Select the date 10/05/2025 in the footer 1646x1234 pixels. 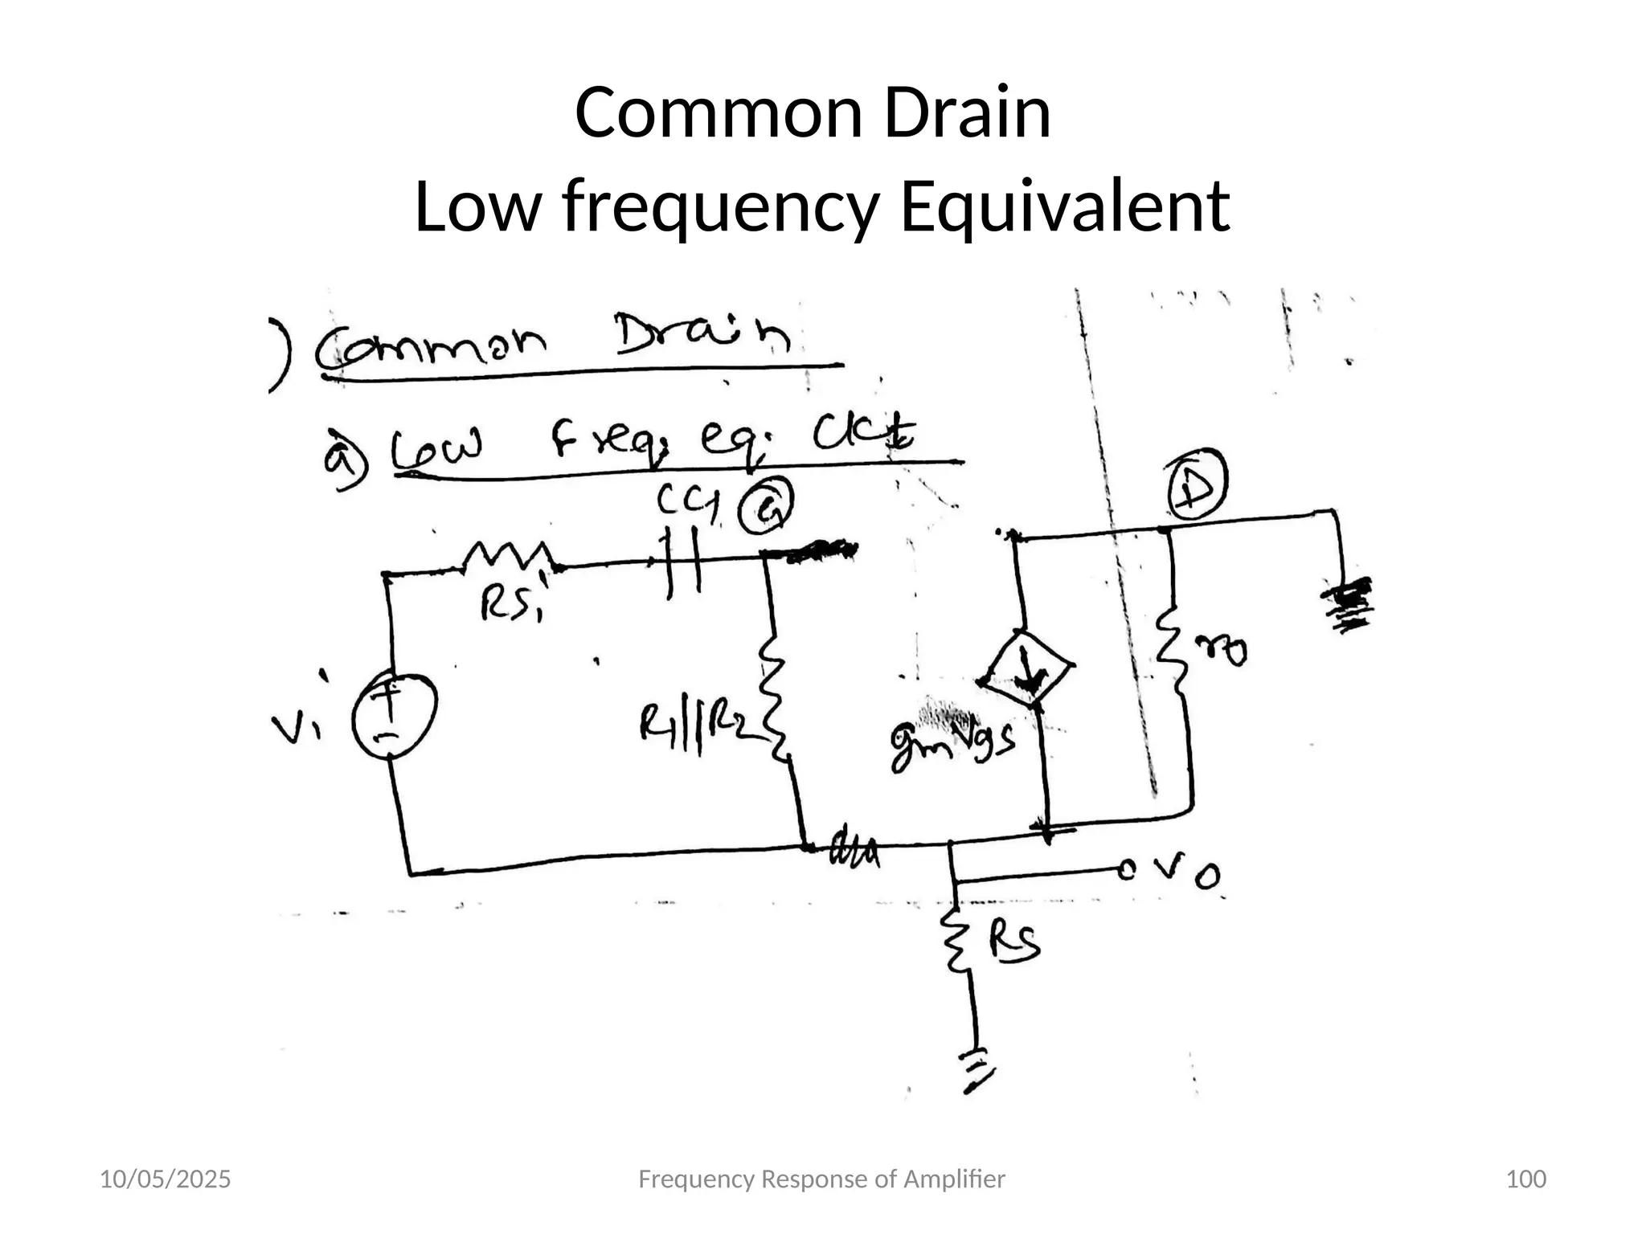pyautogui.click(x=165, y=1179)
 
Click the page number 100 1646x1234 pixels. pyautogui.click(x=1525, y=1179)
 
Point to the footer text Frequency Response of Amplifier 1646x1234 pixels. pyautogui.click(x=821, y=1179)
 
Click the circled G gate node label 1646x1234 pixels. pyautogui.click(x=766, y=509)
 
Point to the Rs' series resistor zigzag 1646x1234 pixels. pyautogui.click(x=508, y=556)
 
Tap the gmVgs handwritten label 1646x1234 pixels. pyautogui.click(x=952, y=742)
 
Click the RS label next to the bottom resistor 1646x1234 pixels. pyautogui.click(x=1014, y=942)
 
